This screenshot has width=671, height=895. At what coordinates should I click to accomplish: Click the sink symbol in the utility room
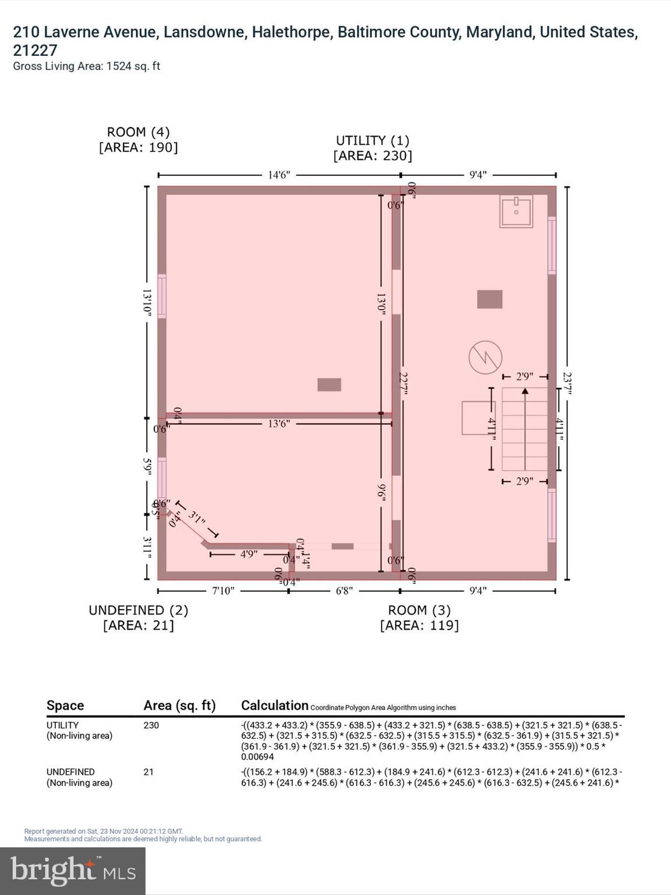point(516,212)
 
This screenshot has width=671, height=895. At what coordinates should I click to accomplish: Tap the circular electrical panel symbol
point(485,357)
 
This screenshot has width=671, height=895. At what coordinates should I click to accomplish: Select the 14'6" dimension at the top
point(279,175)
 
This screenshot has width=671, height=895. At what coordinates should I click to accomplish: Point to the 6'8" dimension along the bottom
point(344,591)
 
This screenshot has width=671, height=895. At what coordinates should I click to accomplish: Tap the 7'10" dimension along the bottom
point(223,591)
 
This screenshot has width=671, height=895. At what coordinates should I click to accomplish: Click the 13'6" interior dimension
point(279,424)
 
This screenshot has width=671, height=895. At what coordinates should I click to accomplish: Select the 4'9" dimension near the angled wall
point(249,554)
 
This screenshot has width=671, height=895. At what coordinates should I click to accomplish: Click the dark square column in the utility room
point(490,299)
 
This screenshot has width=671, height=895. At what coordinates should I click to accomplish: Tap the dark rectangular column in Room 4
point(329,385)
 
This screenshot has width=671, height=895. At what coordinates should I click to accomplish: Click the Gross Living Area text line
point(86,66)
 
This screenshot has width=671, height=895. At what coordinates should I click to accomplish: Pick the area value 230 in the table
point(151,725)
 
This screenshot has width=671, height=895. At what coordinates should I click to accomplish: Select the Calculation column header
point(274,705)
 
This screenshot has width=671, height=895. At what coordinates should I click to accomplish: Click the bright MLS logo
point(73,871)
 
